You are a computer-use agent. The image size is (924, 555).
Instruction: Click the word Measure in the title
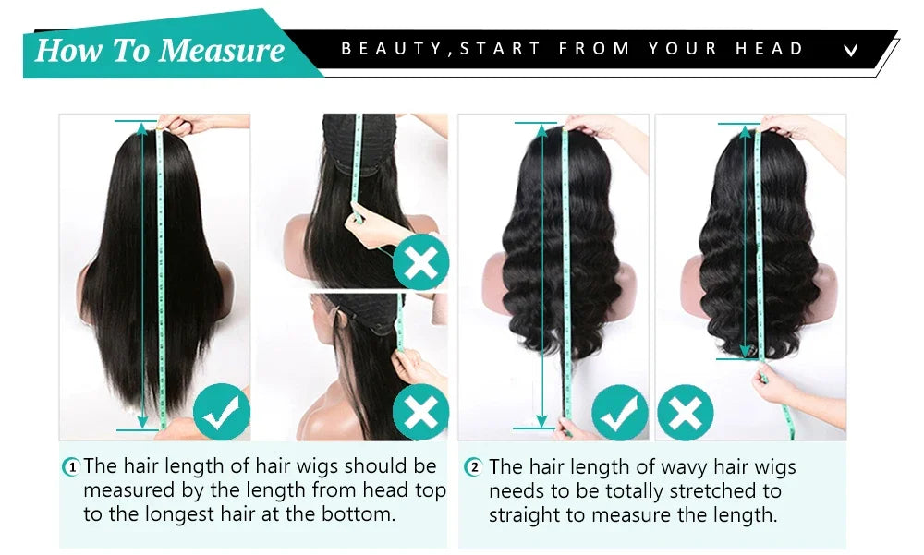[x=222, y=50]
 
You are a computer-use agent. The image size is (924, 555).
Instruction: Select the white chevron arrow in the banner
[x=850, y=50]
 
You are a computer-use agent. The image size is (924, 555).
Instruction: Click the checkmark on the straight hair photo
[x=222, y=411]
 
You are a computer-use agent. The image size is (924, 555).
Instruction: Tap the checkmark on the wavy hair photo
[x=619, y=413]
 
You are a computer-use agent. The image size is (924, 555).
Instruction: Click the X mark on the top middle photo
[x=420, y=261]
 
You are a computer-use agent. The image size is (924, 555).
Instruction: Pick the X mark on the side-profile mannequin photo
[x=420, y=412]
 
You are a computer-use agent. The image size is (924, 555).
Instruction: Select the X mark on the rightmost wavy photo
[x=686, y=413]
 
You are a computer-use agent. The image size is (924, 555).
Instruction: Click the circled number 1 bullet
[x=71, y=467]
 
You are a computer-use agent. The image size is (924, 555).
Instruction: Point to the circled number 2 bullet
[x=474, y=467]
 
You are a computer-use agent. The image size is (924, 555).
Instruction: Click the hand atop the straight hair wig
[x=198, y=123]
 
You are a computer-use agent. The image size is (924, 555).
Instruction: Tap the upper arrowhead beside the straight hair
[x=142, y=128]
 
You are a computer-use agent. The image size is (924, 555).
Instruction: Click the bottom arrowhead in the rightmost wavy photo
[x=746, y=351]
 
